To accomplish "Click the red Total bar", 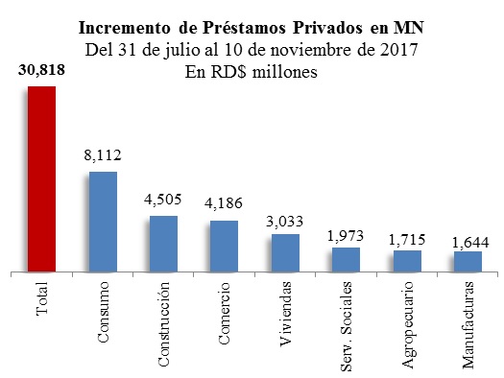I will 41,178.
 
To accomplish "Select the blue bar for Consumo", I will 102,222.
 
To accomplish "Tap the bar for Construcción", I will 163,244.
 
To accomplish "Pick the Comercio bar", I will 224,247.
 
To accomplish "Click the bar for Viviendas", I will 285,252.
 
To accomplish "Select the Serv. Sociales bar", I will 346,260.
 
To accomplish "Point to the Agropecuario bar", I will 407,262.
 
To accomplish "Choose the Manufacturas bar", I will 468,262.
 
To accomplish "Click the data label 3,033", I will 285,222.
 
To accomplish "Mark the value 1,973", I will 346,235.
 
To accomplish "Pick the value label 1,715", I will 407,239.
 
